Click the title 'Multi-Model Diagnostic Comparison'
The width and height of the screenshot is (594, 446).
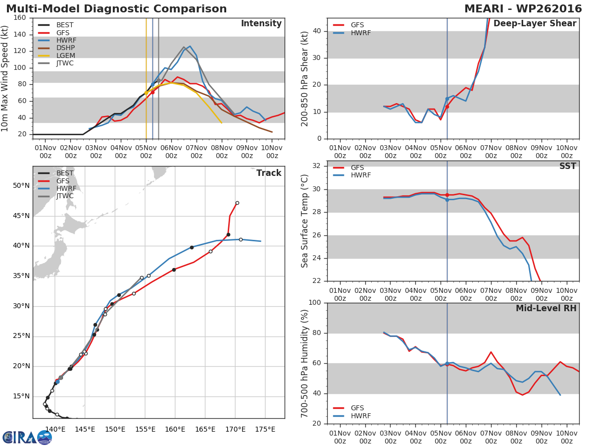[x=116, y=9]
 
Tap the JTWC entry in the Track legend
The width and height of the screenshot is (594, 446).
[x=65, y=196]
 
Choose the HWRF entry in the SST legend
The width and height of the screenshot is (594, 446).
[x=360, y=175]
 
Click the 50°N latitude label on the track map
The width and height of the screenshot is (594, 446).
[x=21, y=186]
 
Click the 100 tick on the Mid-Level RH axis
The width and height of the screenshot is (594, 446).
[x=315, y=303]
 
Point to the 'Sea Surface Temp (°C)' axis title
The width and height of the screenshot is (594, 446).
[x=305, y=221]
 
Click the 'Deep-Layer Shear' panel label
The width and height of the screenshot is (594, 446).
[x=535, y=24]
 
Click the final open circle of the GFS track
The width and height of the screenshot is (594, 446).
[x=237, y=203]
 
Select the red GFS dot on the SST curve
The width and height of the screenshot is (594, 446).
[x=447, y=195]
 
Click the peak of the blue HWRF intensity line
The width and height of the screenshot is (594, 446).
[x=190, y=46]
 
